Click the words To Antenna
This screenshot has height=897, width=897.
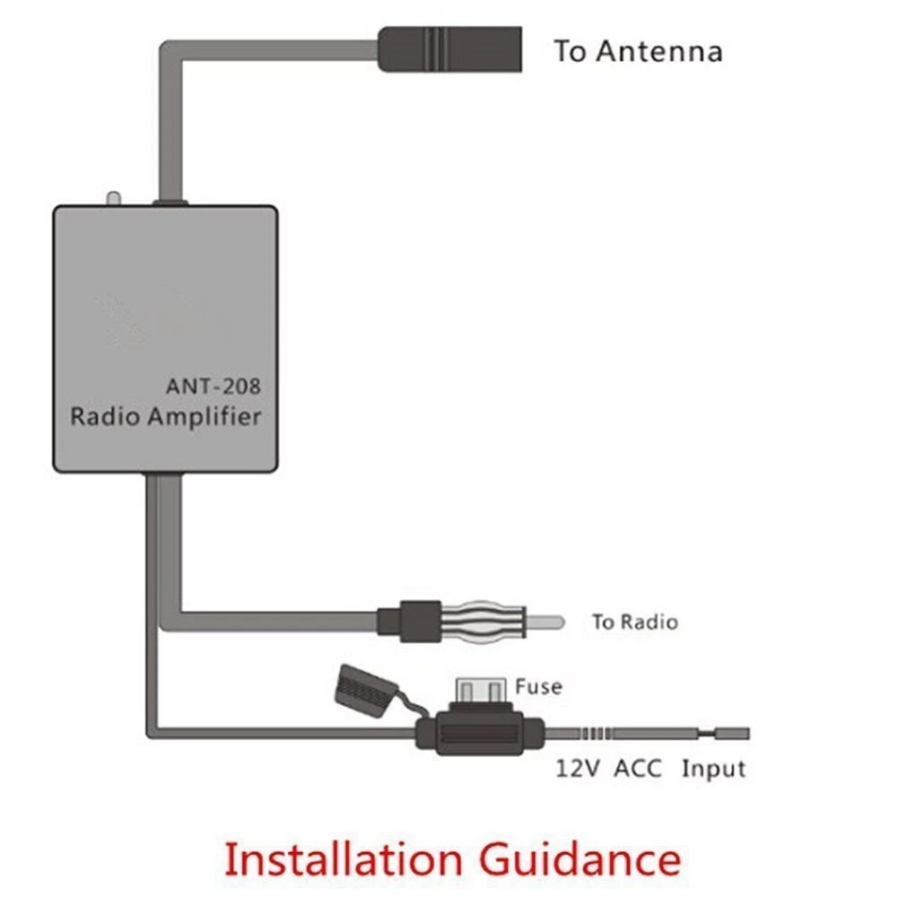pyautogui.click(x=638, y=51)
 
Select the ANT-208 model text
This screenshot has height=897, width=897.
pyautogui.click(x=213, y=387)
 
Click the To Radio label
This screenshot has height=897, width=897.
pyautogui.click(x=634, y=622)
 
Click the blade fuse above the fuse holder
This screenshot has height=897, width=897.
pyautogui.click(x=483, y=692)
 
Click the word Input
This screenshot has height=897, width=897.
pyautogui.click(x=713, y=770)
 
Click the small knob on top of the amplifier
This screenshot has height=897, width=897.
pyautogui.click(x=112, y=198)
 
